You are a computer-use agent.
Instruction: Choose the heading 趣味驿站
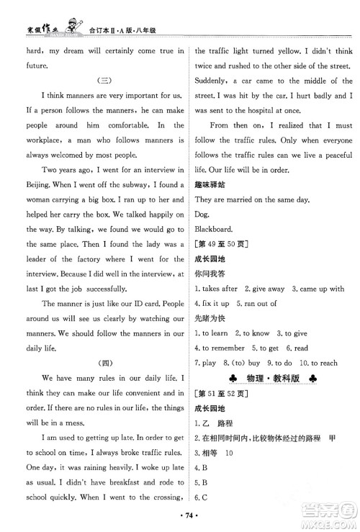[211, 183]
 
